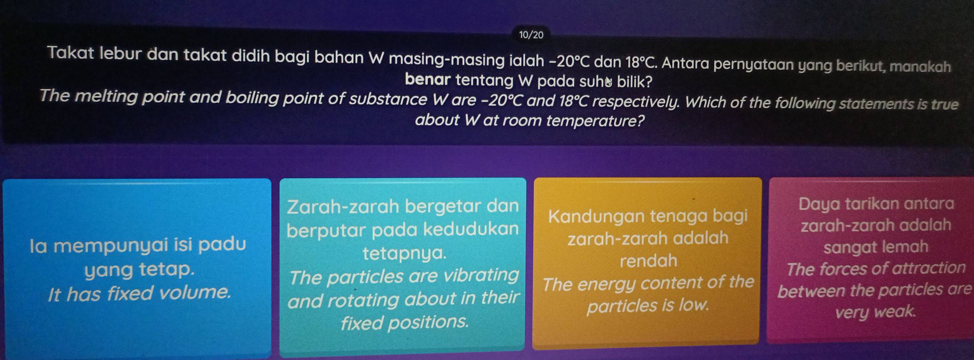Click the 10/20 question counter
[531, 35]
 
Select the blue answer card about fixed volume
[137, 268]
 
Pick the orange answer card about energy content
[647, 261]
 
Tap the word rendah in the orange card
[649, 261]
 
